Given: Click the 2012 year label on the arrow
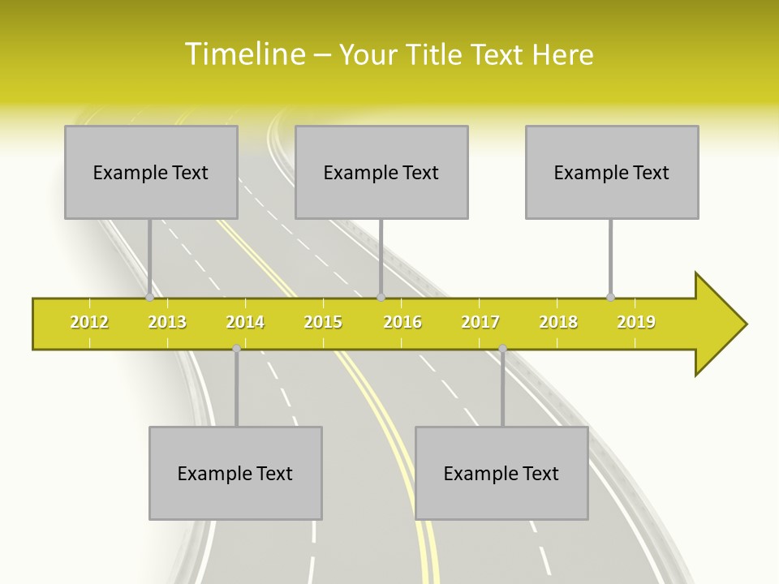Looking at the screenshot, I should coord(89,322).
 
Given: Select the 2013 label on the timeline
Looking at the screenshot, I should coord(167,322).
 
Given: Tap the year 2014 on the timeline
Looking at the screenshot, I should coord(245,322).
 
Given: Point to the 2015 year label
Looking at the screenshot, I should coord(323,322).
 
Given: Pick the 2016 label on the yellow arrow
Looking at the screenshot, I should coord(402,322).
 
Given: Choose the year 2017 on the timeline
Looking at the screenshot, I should coord(480,322).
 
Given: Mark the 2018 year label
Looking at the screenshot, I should coord(558,322).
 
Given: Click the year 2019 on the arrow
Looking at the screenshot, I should coord(636,322).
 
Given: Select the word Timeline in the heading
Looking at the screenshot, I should coord(243,54).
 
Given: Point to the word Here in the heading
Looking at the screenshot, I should coord(562,54).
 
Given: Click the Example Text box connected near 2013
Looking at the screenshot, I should coord(151,172).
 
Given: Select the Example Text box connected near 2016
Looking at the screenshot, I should coord(381,172).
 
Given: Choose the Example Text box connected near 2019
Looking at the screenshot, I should coord(612,172).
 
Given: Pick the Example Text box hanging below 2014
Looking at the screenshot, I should coord(235,473).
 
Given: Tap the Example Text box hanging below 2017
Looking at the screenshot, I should coord(501,473).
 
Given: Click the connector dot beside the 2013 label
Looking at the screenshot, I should coord(150,297).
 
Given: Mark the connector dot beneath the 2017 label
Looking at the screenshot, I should coord(502,349).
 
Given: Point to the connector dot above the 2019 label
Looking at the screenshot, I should coord(611,297).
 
